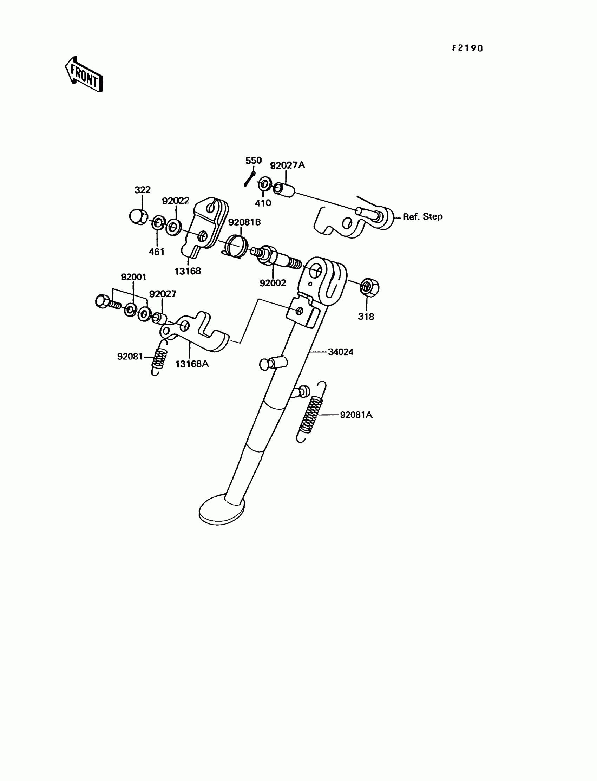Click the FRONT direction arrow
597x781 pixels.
(84, 75)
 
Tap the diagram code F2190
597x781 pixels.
(467, 48)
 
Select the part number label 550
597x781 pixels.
(253, 161)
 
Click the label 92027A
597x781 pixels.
(287, 165)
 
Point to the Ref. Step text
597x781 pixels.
(422, 216)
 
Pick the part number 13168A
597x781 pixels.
(192, 364)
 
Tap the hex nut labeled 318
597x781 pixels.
(369, 287)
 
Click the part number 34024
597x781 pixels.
(340, 352)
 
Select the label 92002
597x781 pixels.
(273, 283)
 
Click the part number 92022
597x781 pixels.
(176, 201)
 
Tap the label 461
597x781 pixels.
(156, 252)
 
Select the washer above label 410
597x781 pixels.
(264, 184)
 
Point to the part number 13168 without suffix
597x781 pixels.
(188, 271)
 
